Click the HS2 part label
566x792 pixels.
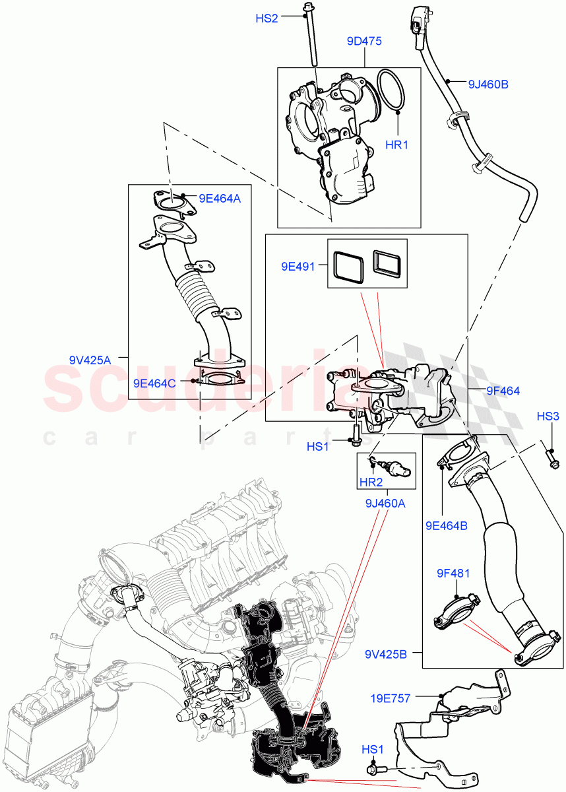(x=267, y=18)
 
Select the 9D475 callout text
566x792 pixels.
(x=363, y=41)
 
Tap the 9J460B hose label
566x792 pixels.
(x=487, y=84)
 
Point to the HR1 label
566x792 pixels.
(x=397, y=144)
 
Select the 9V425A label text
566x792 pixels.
(x=89, y=360)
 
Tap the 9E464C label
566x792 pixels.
(x=154, y=382)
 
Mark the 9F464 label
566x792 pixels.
(x=503, y=391)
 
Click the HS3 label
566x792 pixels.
(x=547, y=416)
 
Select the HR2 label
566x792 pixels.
(x=371, y=482)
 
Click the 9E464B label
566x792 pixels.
(x=446, y=525)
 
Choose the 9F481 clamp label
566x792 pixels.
(x=453, y=573)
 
